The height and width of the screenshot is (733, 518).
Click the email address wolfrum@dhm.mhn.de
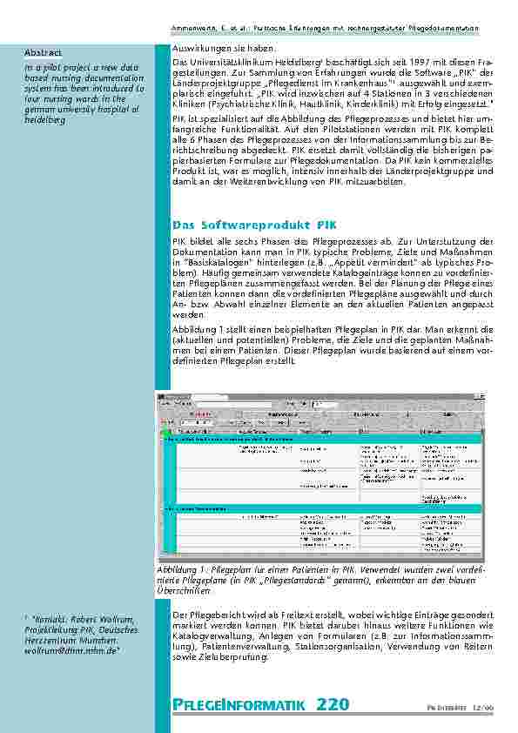[65, 649]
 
